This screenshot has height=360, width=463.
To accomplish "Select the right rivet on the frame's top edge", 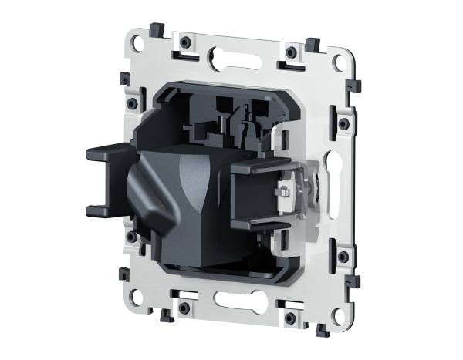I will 290,52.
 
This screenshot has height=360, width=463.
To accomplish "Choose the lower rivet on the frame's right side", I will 341,256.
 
